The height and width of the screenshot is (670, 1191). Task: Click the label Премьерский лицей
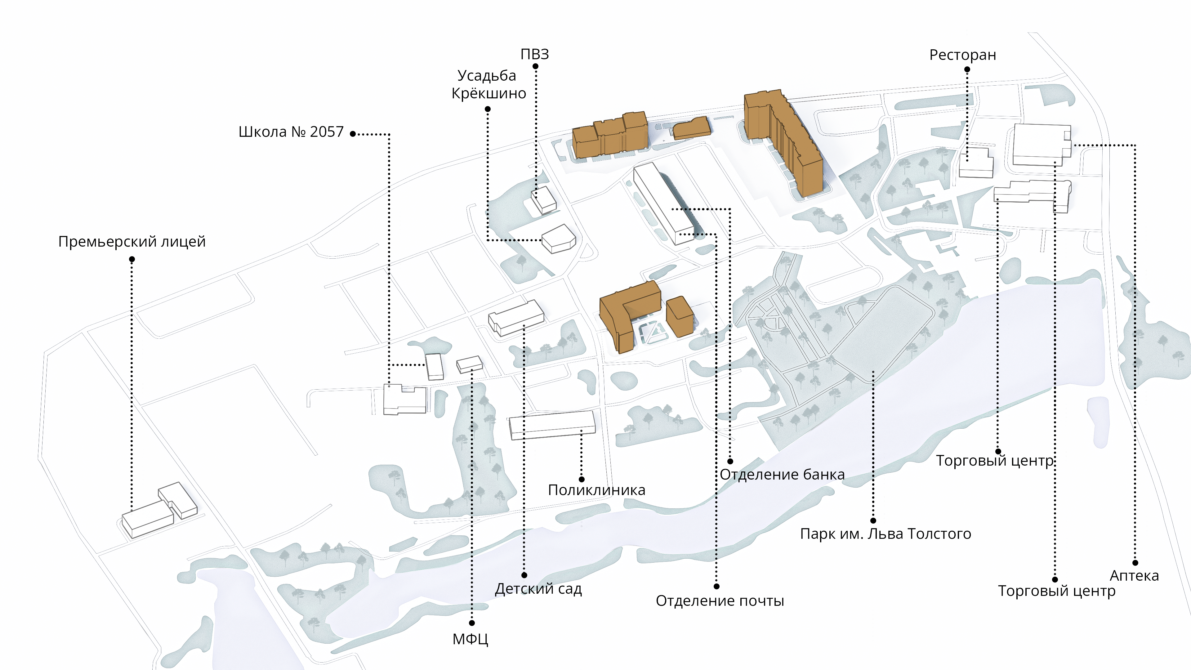tap(132, 242)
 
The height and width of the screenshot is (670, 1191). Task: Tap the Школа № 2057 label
tap(291, 132)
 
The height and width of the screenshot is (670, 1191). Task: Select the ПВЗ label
tap(535, 55)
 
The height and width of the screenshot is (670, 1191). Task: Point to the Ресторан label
tap(963, 55)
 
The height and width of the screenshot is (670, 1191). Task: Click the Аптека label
tap(1134, 576)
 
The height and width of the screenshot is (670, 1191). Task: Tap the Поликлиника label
tap(596, 490)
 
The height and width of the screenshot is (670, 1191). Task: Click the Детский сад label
tap(538, 589)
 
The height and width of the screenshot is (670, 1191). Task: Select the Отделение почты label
tap(720, 601)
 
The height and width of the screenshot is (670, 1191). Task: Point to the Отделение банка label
tap(782, 474)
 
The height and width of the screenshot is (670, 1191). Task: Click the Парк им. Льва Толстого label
tap(885, 534)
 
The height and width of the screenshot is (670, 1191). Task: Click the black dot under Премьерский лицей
tap(132, 259)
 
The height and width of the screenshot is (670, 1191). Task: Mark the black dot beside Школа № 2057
tap(353, 134)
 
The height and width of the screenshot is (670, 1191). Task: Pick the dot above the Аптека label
tap(1135, 563)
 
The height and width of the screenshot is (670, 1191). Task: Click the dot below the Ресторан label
tap(967, 69)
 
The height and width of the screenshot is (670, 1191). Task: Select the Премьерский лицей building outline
tap(159, 511)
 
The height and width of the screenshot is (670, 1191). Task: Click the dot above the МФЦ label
tap(471, 623)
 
